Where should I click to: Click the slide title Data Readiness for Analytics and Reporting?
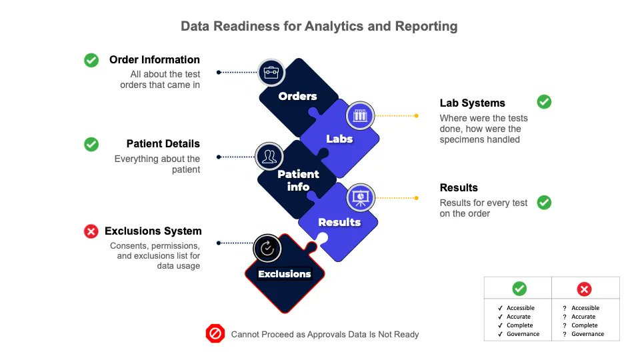point(319,27)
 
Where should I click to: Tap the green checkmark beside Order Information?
point(91,60)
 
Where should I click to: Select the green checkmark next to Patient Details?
point(91,144)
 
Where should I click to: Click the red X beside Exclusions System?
point(91,231)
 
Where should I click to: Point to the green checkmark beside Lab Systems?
point(544,102)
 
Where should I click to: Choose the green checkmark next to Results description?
point(544,201)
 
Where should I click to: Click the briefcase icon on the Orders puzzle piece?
point(271,71)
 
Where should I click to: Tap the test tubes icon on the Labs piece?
point(360,115)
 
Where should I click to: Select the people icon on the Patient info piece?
point(269,157)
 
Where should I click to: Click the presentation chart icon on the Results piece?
point(360,198)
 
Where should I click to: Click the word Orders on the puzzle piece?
point(297,97)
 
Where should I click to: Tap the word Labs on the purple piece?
point(339,139)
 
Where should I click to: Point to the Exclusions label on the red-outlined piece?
point(285,274)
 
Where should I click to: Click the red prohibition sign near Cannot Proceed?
point(215,333)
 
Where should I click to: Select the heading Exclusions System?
point(153,231)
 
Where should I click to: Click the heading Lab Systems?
point(472,103)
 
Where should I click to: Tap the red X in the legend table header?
point(584,289)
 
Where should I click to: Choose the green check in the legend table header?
point(519,289)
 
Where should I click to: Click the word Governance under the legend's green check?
point(523,334)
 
